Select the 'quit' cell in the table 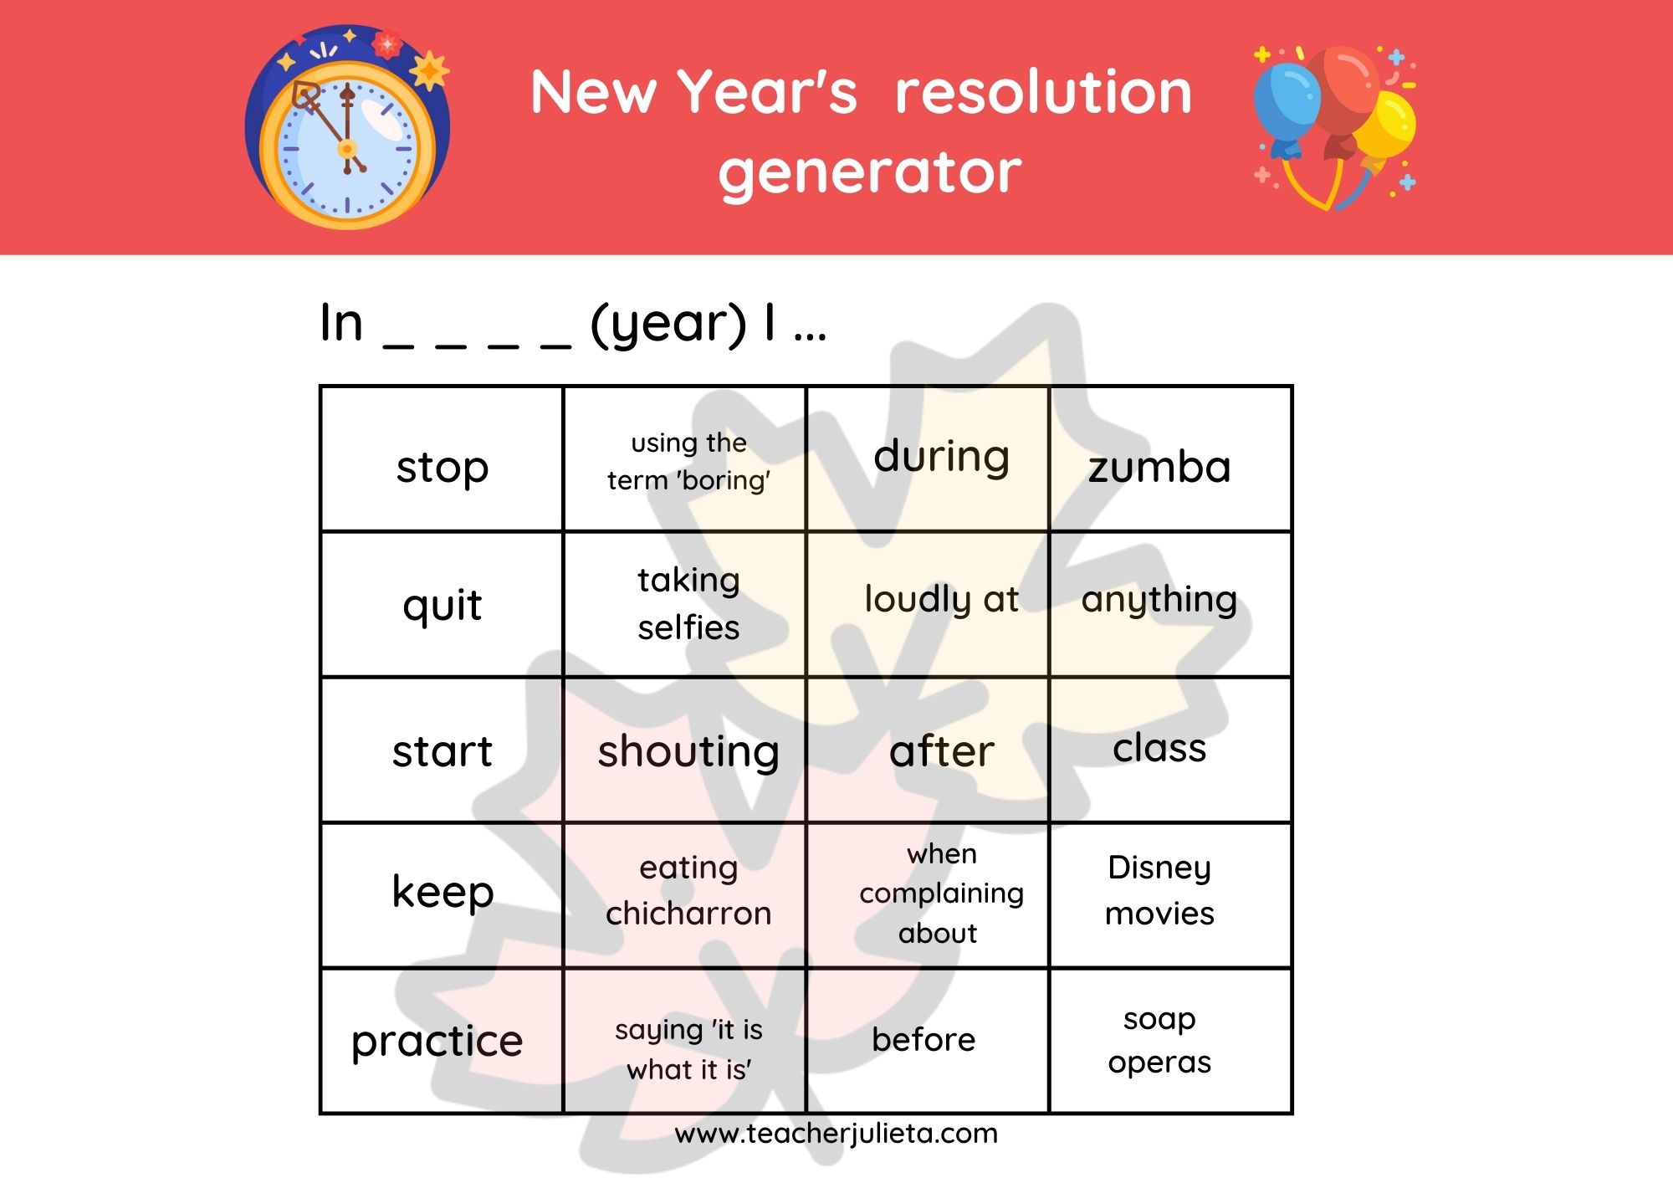(x=442, y=603)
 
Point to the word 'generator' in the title (x=870, y=174)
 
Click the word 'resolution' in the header (x=1043, y=92)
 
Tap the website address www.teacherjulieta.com (x=836, y=1134)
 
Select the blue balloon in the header (x=1286, y=105)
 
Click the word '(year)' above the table (x=668, y=324)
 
